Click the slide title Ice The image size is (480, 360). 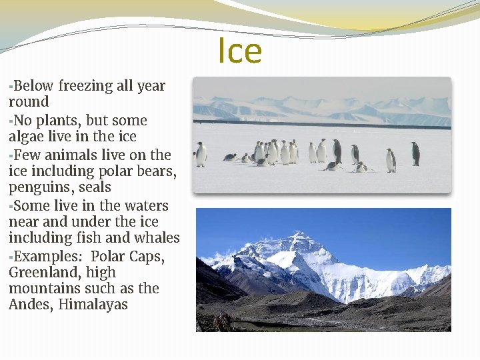pyautogui.click(x=240, y=51)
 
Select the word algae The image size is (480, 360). pyautogui.click(x=26, y=137)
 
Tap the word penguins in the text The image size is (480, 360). pyautogui.click(x=37, y=188)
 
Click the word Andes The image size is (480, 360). pyautogui.click(x=31, y=305)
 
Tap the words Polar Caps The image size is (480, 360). pyautogui.click(x=127, y=257)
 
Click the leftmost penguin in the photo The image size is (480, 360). pyautogui.click(x=201, y=155)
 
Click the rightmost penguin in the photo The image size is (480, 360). pyautogui.click(x=415, y=154)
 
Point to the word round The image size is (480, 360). pyautogui.click(x=29, y=102)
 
